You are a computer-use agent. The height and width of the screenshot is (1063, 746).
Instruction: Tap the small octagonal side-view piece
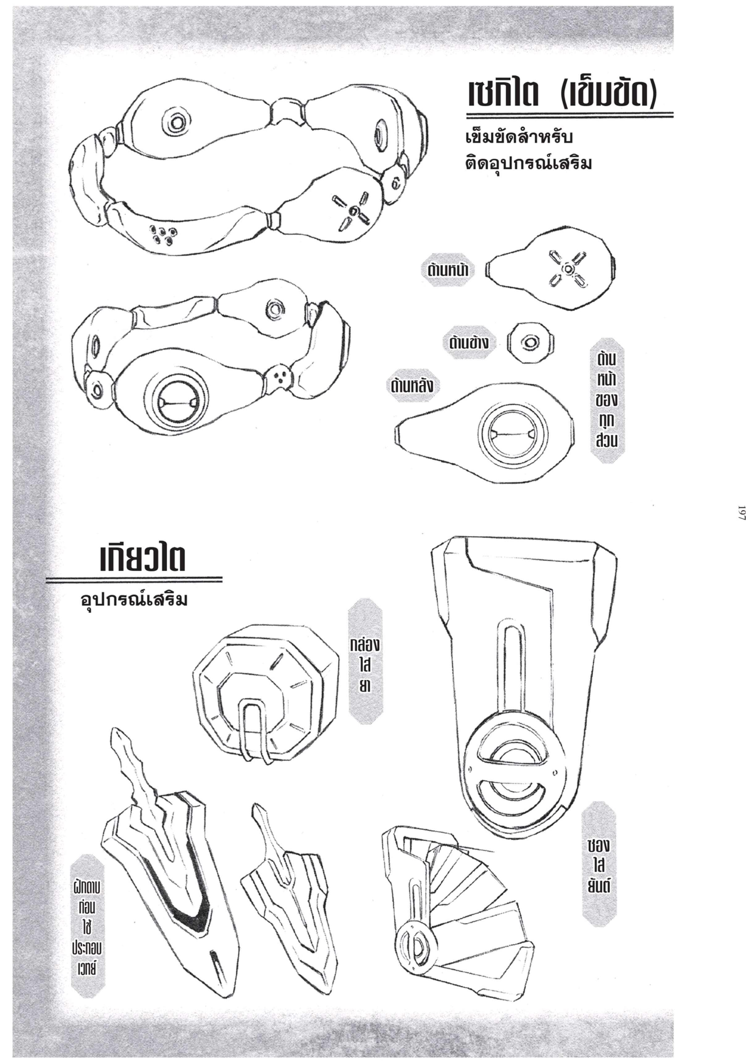coord(531,343)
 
